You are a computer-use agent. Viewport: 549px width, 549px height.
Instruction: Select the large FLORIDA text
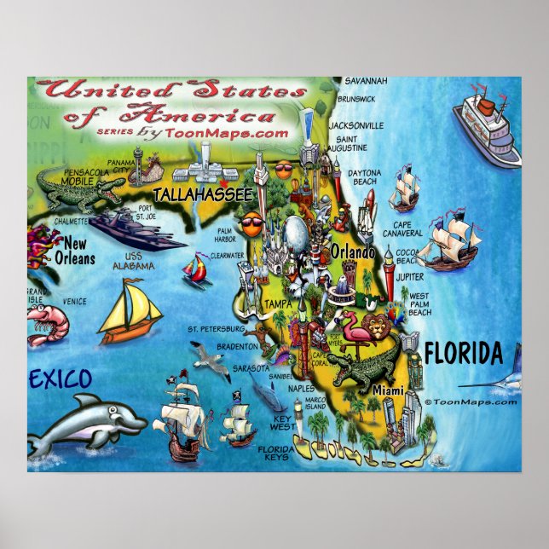[x=462, y=351]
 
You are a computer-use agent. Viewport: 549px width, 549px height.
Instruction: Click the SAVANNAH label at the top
[x=366, y=81]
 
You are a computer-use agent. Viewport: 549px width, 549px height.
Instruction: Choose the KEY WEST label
[x=282, y=424]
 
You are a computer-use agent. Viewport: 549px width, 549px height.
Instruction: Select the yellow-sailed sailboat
[x=130, y=309]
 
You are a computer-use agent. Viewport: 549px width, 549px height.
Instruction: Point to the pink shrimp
[x=43, y=320]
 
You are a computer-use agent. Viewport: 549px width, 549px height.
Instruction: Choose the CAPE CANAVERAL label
[x=402, y=228]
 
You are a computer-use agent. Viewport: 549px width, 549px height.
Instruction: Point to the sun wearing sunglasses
[x=251, y=226]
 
